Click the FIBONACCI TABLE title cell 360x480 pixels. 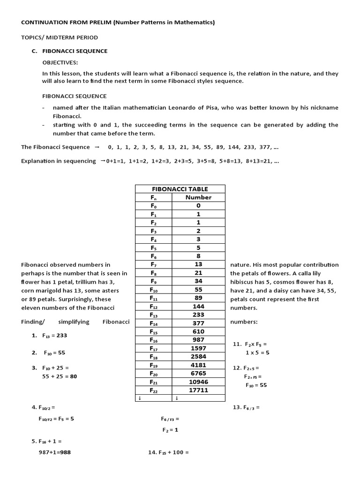180,189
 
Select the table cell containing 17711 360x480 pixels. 199,390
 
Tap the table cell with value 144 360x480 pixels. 199,306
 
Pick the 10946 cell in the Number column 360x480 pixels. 199,382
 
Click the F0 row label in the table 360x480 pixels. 153,205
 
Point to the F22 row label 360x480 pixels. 153,390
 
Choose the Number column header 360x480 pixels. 199,197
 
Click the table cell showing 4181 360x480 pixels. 199,365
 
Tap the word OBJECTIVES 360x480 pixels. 60,62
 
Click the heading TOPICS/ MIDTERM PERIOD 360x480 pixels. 60,37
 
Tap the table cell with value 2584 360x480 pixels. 199,356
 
